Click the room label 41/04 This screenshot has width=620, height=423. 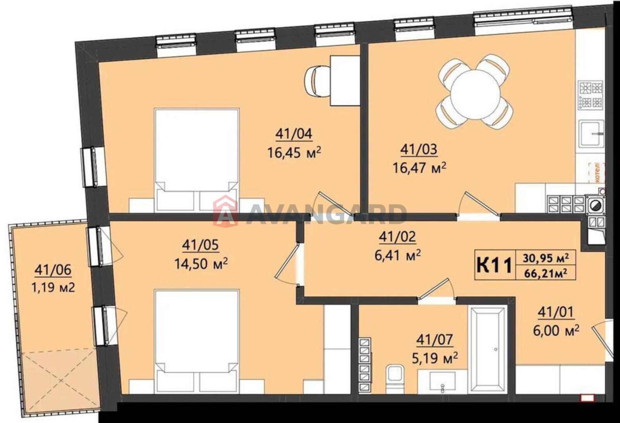294,134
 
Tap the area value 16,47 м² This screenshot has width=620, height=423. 420,168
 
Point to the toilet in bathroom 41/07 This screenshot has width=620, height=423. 394,379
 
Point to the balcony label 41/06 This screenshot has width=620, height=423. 53,270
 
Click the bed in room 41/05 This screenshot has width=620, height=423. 197,341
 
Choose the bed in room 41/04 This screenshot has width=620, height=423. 197,160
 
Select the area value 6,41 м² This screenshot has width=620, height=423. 398,255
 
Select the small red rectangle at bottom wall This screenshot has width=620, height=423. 587,398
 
